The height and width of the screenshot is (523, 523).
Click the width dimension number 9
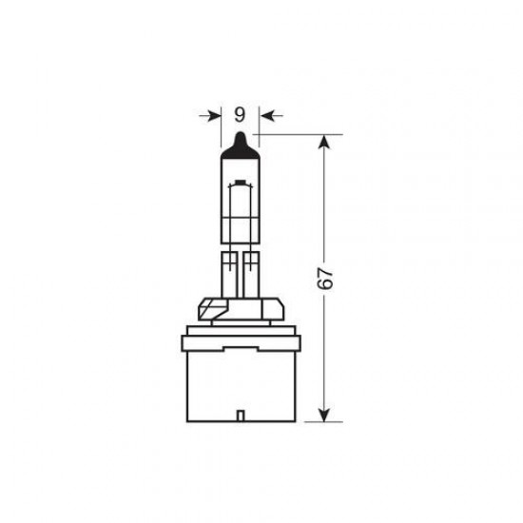coord(239,115)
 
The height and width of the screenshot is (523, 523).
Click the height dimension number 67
coord(325,278)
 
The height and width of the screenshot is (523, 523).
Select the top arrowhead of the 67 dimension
coord(325,143)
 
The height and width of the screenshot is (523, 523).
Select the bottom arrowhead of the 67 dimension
coord(325,413)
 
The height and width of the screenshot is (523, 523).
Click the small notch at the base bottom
coord(239,415)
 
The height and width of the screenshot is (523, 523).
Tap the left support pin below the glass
coord(229,276)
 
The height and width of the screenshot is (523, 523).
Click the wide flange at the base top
coord(239,329)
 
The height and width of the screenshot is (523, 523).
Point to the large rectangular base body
coord(239,376)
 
